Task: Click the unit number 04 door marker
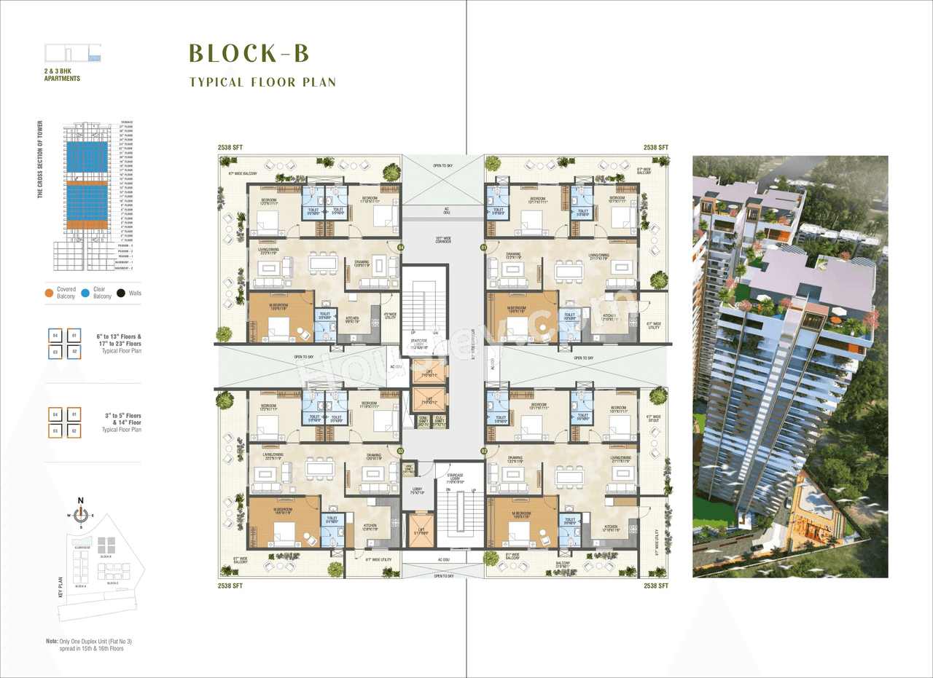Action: (400, 248)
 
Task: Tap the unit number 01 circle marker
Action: (483, 248)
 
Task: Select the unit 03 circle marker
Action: (400, 452)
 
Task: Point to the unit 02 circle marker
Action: (483, 452)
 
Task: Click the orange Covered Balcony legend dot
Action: (49, 293)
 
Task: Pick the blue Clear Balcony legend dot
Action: (86, 293)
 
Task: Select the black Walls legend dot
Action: (122, 293)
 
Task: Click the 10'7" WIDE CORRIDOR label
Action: (443, 239)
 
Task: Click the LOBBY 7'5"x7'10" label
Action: (417, 491)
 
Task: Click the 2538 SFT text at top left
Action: (230, 148)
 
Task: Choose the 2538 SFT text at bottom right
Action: (656, 586)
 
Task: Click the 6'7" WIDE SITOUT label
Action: (653, 419)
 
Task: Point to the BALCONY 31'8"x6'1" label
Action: (563, 564)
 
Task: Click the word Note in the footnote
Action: (52, 642)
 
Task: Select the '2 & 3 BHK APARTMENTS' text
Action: (62, 75)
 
